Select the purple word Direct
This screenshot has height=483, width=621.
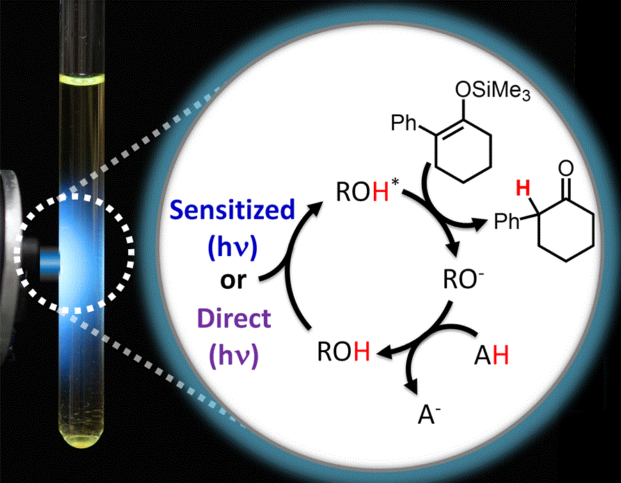pos(233,319)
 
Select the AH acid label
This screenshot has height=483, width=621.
pos(491,358)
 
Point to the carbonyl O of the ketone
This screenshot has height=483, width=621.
pos(566,168)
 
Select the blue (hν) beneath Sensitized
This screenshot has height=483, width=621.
pos(233,246)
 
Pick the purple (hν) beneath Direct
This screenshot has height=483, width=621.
pos(233,356)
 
